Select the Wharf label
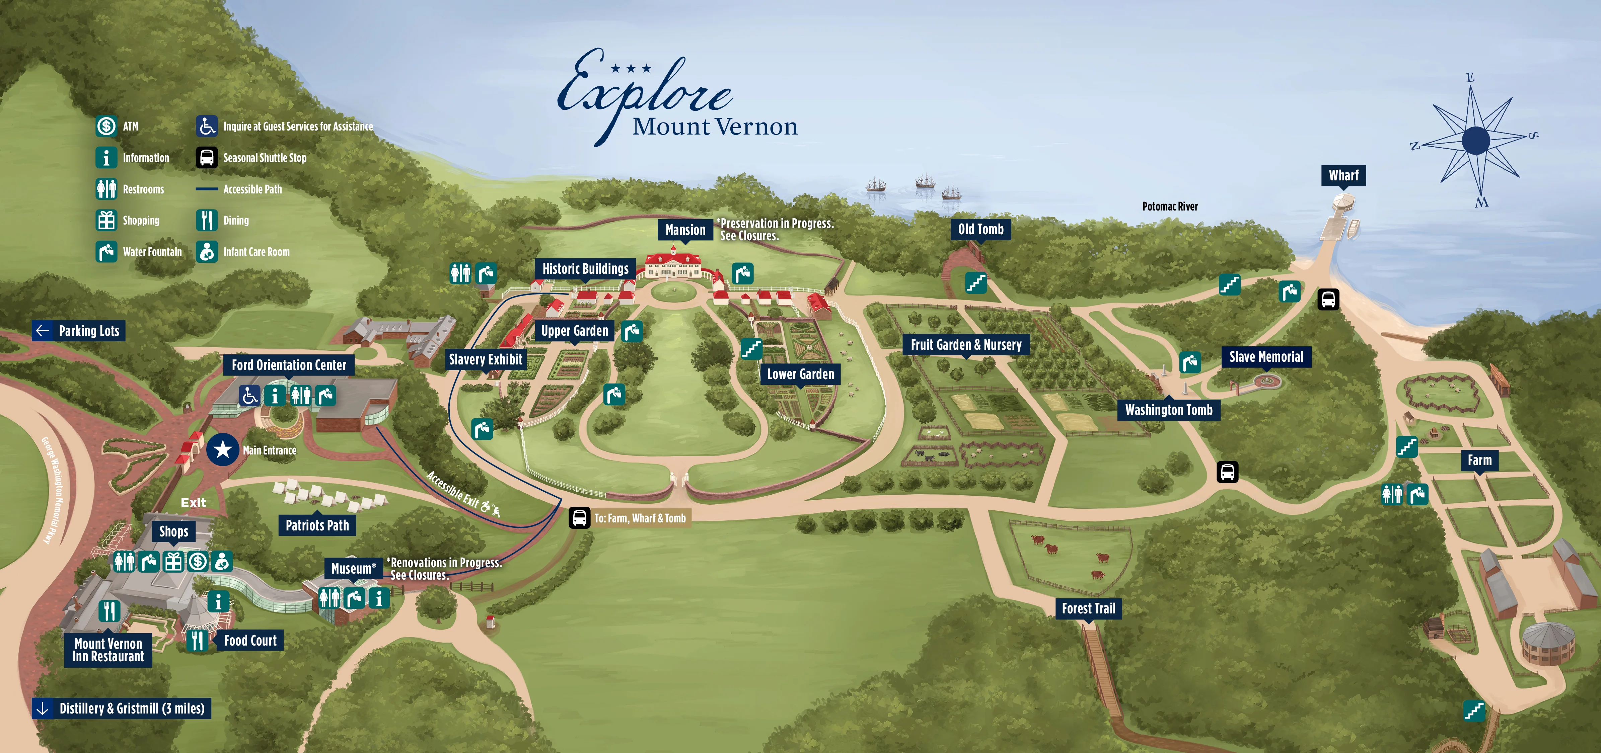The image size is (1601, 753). tap(1343, 175)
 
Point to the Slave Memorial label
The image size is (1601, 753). tap(1266, 357)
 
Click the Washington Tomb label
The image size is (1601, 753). tap(1168, 410)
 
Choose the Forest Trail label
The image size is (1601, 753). tap(1088, 608)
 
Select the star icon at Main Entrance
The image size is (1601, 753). tap(222, 449)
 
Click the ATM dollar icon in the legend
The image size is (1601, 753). tap(106, 126)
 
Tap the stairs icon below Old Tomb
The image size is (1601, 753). tap(975, 283)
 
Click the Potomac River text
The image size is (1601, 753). tap(1170, 206)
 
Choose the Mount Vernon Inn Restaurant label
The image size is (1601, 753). tap(108, 650)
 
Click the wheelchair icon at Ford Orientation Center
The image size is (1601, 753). tap(250, 395)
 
